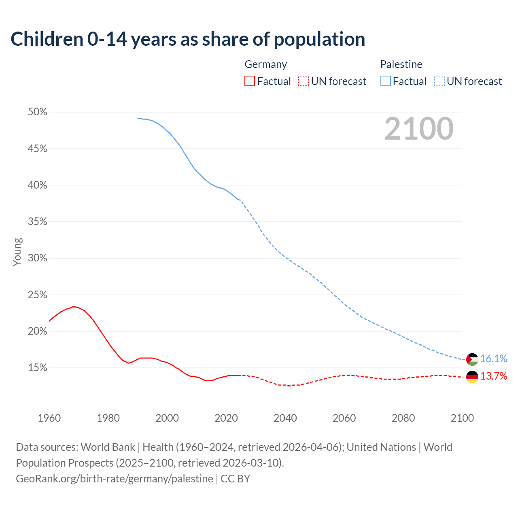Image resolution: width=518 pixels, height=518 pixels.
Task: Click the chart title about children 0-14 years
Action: tap(188, 39)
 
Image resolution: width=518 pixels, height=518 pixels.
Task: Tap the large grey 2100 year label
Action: tap(418, 129)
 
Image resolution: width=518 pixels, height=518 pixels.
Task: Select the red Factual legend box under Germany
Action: tap(250, 81)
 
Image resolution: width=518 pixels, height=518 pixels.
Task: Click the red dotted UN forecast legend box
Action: tap(304, 81)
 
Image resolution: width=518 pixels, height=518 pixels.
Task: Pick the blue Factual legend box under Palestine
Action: tap(386, 81)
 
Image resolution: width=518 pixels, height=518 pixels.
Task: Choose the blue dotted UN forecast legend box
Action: tap(439, 81)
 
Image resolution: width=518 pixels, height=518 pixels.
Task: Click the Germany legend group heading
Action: tap(265, 64)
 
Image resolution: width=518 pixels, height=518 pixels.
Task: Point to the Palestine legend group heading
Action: tap(401, 64)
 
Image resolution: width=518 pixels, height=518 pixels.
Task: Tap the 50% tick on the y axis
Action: tap(37, 112)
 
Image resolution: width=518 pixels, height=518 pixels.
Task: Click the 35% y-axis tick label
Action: tap(37, 222)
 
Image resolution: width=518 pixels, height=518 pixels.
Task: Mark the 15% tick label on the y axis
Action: tap(37, 368)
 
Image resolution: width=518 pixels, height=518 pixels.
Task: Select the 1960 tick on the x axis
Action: tap(49, 418)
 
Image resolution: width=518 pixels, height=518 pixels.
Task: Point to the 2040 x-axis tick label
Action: tap(285, 418)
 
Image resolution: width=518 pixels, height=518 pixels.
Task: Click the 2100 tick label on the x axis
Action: tap(462, 418)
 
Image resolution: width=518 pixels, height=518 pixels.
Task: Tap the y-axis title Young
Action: tap(17, 252)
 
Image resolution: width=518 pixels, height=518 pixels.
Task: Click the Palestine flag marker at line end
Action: tap(472, 359)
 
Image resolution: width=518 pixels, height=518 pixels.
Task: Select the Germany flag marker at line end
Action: tap(472, 377)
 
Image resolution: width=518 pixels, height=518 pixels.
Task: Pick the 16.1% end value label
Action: tap(494, 359)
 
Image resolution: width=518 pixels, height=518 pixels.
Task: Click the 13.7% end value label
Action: tap(494, 376)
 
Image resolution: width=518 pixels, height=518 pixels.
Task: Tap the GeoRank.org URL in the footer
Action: tap(115, 479)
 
